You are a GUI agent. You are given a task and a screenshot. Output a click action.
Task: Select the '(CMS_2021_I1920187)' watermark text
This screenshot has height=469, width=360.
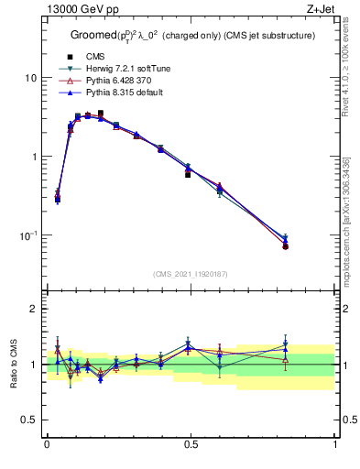[x=191, y=273]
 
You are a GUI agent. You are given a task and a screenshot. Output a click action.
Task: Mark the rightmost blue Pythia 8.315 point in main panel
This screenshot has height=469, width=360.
[x=286, y=239]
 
